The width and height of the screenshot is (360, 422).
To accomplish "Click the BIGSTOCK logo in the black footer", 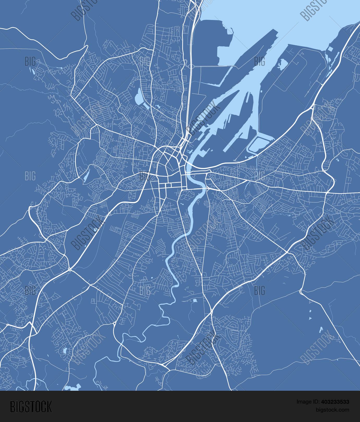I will pos(31,406).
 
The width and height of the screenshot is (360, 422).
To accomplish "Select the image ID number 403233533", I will pos(335,402).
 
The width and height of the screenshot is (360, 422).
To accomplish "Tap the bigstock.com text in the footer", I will pos(332,410).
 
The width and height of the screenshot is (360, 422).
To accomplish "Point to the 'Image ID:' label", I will pos(308,402).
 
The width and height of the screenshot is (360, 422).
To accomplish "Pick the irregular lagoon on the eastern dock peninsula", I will pos(282,64).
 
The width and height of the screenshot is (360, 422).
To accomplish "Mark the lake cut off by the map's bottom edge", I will pos(73,388).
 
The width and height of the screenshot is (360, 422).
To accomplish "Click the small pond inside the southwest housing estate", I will pos(64,351).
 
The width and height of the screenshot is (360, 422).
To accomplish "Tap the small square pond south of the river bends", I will pos(195,300).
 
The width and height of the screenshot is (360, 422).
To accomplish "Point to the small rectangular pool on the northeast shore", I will pos(330,49).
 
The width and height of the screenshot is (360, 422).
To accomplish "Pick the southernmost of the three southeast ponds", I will pos(321,330).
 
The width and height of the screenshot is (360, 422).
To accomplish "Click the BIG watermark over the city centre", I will pos(145,176).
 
